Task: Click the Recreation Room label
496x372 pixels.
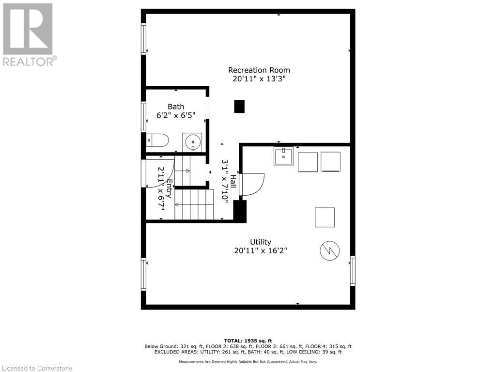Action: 259,70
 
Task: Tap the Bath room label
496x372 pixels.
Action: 176,107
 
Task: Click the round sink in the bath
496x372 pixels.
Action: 192,142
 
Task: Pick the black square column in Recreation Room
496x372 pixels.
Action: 239,107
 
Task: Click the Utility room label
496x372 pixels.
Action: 260,242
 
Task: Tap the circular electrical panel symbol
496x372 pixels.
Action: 329,250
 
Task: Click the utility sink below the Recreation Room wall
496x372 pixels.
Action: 283,156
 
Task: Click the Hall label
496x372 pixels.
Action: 233,182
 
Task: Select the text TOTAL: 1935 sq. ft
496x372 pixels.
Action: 248,341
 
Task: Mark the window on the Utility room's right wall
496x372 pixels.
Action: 353,271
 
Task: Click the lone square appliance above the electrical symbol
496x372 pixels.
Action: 325,217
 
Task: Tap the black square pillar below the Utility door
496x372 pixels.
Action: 240,212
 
